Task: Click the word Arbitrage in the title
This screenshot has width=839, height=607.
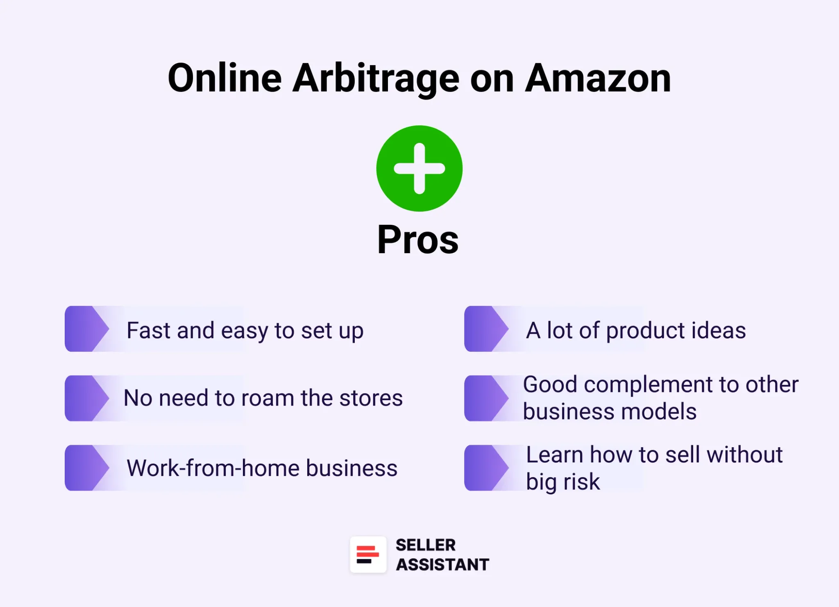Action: [x=376, y=79]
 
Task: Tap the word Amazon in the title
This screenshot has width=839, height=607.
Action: [x=598, y=79]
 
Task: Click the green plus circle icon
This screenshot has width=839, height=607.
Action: [x=419, y=168]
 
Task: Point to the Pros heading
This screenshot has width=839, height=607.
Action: [x=418, y=240]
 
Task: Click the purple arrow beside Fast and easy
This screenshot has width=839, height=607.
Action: [x=86, y=329]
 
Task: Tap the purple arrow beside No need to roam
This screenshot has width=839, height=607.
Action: [x=86, y=398]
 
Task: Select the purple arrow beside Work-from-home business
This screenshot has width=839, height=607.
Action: [x=86, y=468]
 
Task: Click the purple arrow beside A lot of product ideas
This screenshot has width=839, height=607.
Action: [x=485, y=329]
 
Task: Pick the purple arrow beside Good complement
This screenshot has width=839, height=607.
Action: [x=485, y=398]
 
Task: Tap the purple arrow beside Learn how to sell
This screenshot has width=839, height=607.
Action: [x=485, y=468]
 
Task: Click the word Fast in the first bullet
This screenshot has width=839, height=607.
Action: [x=150, y=330]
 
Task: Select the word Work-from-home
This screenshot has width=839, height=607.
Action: [x=213, y=468]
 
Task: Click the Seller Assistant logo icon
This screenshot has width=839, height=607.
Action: [x=368, y=555]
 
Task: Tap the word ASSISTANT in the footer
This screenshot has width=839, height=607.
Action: [x=442, y=564]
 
